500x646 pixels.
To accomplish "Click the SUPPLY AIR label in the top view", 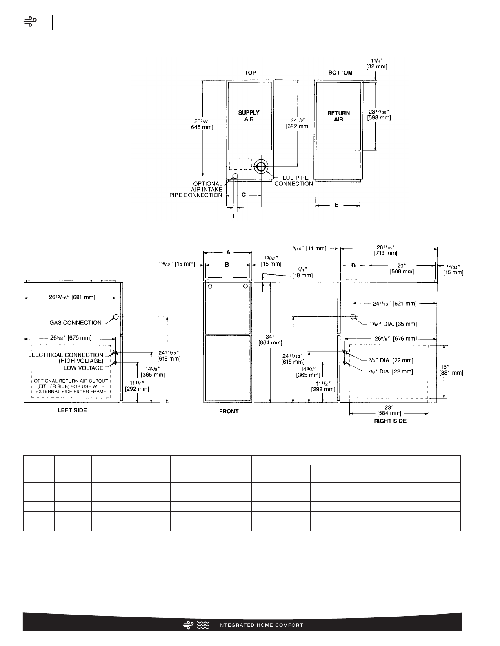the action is [x=249, y=116].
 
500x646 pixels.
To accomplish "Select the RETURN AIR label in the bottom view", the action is [x=338, y=116].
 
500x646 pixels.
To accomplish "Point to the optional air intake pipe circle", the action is [x=235, y=176].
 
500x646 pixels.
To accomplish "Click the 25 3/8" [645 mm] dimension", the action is [x=201, y=124].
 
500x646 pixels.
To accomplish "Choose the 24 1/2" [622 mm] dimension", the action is [x=298, y=123].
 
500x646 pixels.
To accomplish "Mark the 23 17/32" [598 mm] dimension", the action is [x=379, y=115].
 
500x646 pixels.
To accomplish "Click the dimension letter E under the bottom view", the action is [x=336, y=205].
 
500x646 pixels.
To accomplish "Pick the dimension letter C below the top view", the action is [x=244, y=195].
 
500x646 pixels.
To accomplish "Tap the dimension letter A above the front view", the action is [x=228, y=252].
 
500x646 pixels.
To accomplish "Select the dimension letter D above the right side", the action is [x=353, y=265].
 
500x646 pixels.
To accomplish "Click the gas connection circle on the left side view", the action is [x=116, y=317].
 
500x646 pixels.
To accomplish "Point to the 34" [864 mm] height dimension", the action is [x=270, y=340].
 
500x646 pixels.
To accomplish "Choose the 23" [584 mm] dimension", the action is [x=389, y=410].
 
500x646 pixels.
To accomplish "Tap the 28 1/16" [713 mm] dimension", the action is [x=386, y=250].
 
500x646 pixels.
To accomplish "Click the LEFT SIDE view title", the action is [x=72, y=410].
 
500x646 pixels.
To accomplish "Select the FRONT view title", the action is [x=229, y=411].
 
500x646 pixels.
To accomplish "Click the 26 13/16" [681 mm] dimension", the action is [x=72, y=297].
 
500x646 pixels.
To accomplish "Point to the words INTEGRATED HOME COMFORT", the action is [x=260, y=625].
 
